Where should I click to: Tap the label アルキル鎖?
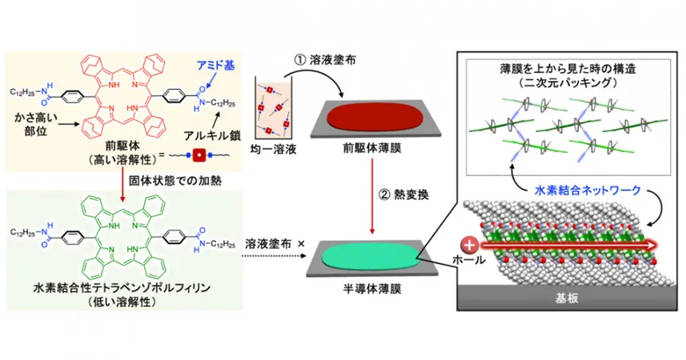[212, 136]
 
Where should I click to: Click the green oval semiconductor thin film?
[371, 256]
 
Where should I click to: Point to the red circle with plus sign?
[470, 246]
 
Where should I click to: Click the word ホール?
[469, 261]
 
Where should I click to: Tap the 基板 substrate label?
[567, 298]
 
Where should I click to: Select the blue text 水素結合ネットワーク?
[588, 190]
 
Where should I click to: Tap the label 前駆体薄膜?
[372, 148]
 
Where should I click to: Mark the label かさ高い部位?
[35, 124]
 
